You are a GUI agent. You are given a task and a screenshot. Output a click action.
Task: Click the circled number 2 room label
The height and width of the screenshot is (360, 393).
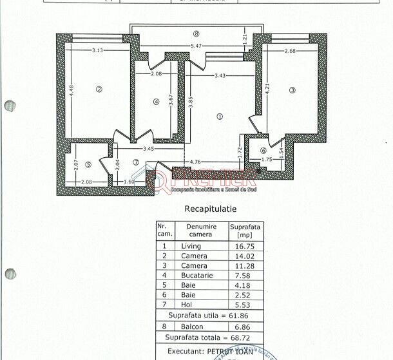[99, 90]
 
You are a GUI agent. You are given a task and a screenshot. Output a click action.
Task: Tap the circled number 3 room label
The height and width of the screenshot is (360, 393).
[292, 90]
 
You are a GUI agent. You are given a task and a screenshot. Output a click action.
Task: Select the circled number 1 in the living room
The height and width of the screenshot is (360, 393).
[220, 117]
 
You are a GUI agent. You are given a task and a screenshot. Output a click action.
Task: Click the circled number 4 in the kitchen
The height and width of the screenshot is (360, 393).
[156, 101]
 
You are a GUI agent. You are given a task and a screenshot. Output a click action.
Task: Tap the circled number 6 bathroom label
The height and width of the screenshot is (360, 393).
[264, 151]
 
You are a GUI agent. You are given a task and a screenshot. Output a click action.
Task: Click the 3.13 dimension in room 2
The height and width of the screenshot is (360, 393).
[98, 50]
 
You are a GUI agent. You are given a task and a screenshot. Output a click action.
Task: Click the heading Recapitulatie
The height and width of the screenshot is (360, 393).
[211, 209]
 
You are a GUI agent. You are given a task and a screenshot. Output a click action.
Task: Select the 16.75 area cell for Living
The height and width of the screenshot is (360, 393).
[245, 246]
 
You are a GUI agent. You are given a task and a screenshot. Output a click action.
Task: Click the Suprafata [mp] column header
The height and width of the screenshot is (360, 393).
[245, 231]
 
